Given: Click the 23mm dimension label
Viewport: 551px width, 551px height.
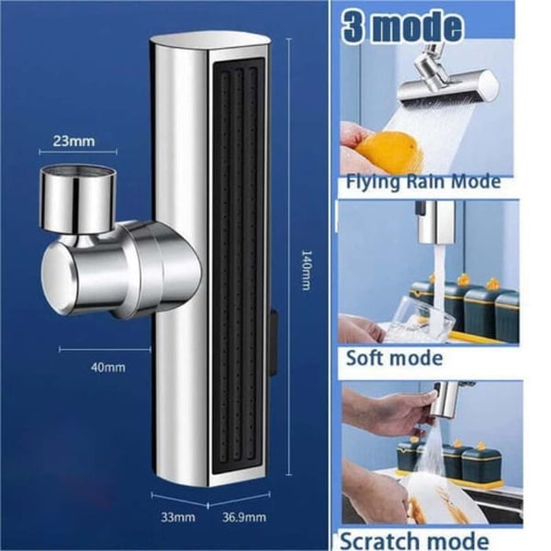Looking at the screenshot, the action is pos(73,141).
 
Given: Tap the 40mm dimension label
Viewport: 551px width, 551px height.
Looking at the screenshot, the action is pos(107,367).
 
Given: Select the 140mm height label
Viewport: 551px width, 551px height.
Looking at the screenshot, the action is pos(307,270).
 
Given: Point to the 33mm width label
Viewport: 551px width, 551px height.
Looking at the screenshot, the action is pos(178,517).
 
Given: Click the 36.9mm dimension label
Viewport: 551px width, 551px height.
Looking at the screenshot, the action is pos(244,517).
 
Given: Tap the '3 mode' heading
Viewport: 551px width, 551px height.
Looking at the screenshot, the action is pos(402,27).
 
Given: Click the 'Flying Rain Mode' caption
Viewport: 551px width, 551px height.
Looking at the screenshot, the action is pos(423,182).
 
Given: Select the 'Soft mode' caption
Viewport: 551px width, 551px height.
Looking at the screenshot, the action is pos(394,358).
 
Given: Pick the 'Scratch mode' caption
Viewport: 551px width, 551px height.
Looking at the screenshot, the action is pos(414,541).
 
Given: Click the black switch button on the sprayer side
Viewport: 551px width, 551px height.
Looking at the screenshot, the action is pos(274,342).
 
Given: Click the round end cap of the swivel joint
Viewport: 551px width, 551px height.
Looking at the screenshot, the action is pos(58,278).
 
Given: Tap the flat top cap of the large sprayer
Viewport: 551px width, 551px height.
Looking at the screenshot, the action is pos(211,39).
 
